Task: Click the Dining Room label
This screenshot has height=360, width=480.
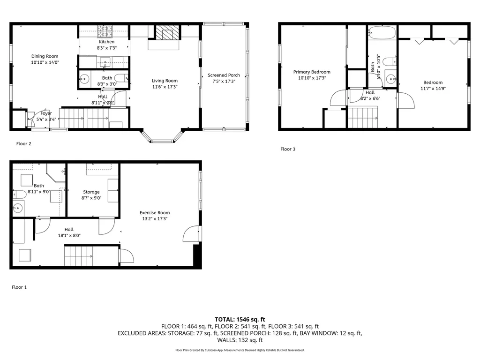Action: pyautogui.click(x=45, y=56)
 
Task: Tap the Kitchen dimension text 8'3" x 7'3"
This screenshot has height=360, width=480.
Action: pyautogui.click(x=106, y=48)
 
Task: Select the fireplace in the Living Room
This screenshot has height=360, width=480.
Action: pyautogui.click(x=164, y=34)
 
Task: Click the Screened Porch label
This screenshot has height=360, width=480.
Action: pyautogui.click(x=224, y=75)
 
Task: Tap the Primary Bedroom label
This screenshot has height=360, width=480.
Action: pyautogui.click(x=312, y=72)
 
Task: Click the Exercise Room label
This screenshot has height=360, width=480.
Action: pyautogui.click(x=154, y=213)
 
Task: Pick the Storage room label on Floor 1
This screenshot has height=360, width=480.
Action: pyautogui.click(x=91, y=192)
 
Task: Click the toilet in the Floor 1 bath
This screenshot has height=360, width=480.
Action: pyautogui.click(x=20, y=194)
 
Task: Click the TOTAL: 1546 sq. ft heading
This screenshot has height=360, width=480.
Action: pyautogui.click(x=240, y=319)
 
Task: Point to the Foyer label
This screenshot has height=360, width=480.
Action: pyautogui.click(x=46, y=113)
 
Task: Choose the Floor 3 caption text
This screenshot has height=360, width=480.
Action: pyautogui.click(x=288, y=149)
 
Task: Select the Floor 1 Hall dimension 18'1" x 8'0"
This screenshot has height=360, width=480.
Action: pyautogui.click(x=69, y=236)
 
